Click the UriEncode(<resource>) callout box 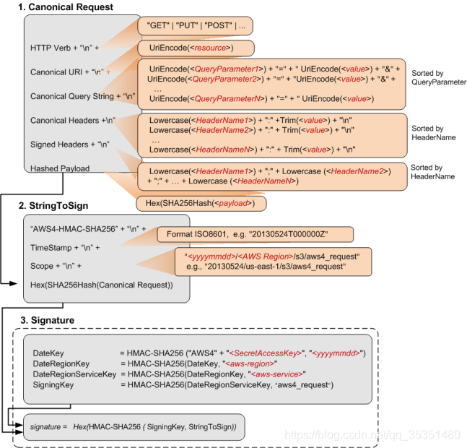196,48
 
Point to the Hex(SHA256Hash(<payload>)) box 201,204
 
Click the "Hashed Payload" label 61,168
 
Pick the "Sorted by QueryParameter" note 438,78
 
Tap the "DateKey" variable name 49,353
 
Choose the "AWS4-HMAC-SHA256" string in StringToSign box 81,228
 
